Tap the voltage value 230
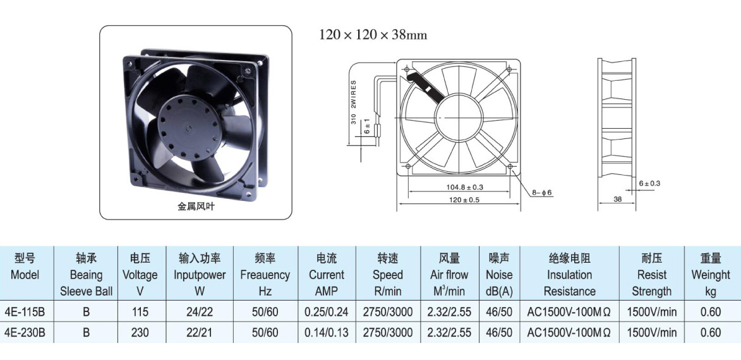(x=140, y=333)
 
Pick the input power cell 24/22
(x=200, y=312)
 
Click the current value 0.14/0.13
(x=327, y=333)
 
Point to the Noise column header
(x=499, y=275)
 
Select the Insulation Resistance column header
(x=569, y=275)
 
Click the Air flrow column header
(x=449, y=275)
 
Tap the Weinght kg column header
(x=710, y=275)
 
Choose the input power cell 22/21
(x=200, y=333)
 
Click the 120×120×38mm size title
(x=373, y=35)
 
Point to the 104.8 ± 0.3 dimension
(x=464, y=187)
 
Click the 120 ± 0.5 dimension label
(x=464, y=200)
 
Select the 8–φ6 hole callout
(x=542, y=193)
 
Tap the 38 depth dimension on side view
(x=618, y=199)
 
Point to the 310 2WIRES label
(x=354, y=102)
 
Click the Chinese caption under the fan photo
(x=196, y=207)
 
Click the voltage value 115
(x=140, y=312)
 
